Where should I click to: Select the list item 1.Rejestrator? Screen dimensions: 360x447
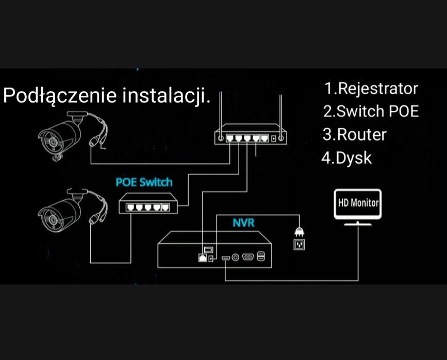click(371, 89)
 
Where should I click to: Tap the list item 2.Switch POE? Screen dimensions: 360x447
click(371, 111)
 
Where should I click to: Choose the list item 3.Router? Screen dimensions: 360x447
click(354, 134)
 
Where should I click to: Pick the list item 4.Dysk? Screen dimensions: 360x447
click(346, 158)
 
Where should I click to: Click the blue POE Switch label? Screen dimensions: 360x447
click(144, 182)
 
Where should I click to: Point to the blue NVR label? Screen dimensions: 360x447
click(243, 222)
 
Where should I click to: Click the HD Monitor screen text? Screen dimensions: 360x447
click(358, 202)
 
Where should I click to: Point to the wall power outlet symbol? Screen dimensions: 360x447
click(299, 244)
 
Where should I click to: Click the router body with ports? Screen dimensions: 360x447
click(251, 138)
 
